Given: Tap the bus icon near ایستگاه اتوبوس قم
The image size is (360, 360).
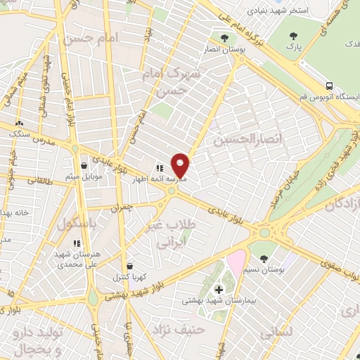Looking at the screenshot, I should click(x=302, y=96).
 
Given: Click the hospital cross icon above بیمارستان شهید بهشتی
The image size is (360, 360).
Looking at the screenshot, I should click(x=218, y=289).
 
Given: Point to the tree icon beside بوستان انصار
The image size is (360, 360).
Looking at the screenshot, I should click(x=224, y=38).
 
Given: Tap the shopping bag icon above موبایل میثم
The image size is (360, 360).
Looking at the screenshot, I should click(x=84, y=165).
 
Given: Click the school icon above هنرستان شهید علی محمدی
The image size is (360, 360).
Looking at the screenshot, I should click(x=77, y=243).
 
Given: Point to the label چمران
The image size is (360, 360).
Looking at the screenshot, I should click(x=121, y=208).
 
